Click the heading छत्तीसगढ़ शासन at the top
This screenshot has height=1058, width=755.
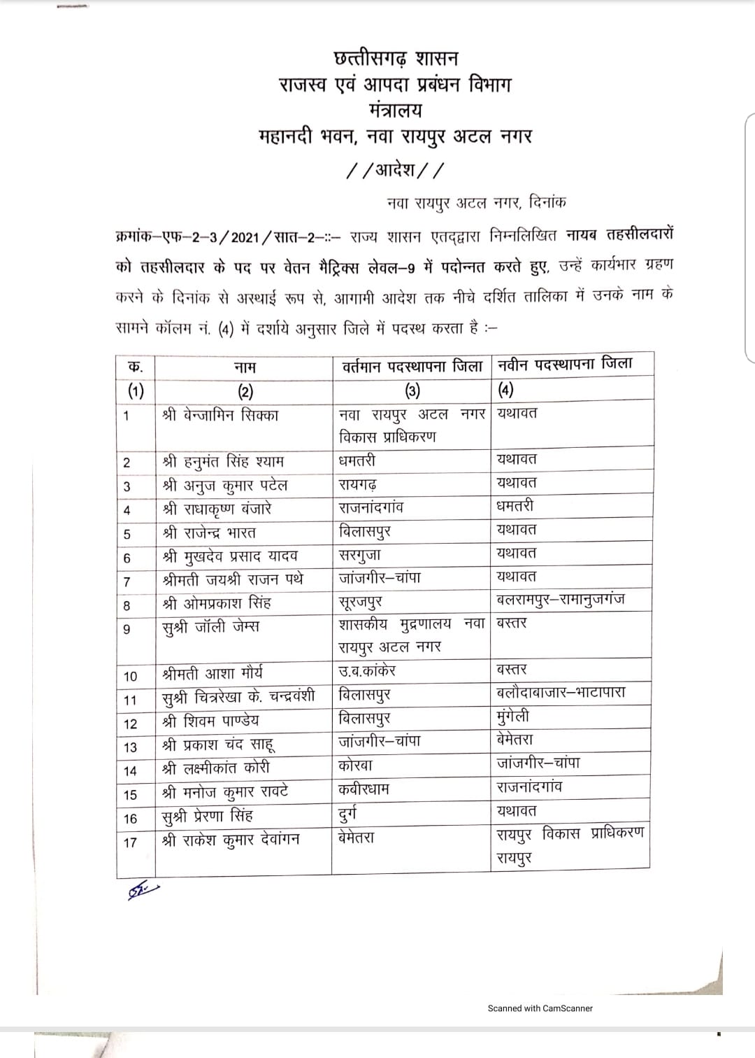pyautogui.click(x=396, y=58)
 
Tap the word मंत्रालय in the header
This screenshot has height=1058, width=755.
pyautogui.click(x=396, y=111)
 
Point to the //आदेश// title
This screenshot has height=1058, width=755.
pyautogui.click(x=396, y=170)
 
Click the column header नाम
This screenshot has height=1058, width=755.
pyautogui.click(x=244, y=367)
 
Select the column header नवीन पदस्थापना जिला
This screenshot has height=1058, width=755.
pyautogui.click(x=565, y=364)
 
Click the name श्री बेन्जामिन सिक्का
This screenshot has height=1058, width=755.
pyautogui.click(x=220, y=415)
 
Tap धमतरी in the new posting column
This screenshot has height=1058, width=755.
pyautogui.click(x=515, y=505)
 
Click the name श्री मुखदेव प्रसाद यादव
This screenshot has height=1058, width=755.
pyautogui.click(x=230, y=556)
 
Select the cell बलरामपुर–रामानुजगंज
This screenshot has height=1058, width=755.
pyautogui.click(x=561, y=599)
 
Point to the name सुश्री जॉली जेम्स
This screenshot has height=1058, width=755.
pyautogui.click(x=210, y=627)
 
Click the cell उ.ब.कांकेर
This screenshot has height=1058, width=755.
pyautogui.click(x=367, y=670)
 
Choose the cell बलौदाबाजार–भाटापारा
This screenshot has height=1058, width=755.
pyautogui.click(x=561, y=693)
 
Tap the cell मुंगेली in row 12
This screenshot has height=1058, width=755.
pyautogui.click(x=513, y=717)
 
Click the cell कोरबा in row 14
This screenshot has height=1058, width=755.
pyautogui.click(x=356, y=765)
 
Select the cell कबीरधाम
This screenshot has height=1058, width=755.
pyautogui.click(x=364, y=789)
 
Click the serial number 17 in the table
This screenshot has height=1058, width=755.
pyautogui.click(x=130, y=842)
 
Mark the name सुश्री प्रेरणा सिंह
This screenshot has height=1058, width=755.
pyautogui.click(x=208, y=816)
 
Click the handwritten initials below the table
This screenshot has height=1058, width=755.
pyautogui.click(x=143, y=891)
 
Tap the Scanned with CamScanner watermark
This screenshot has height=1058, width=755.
pyautogui.click(x=540, y=1008)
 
